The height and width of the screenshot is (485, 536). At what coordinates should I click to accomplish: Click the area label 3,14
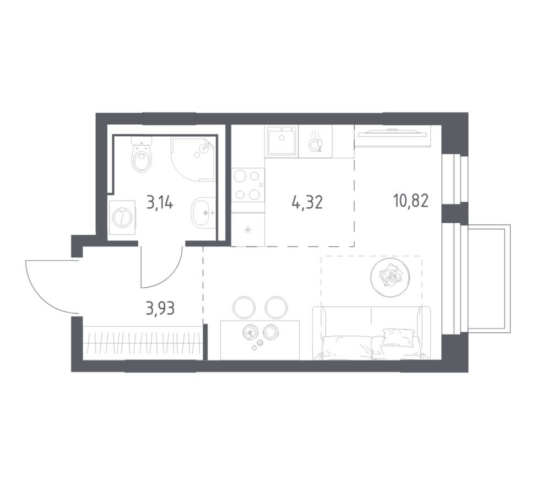click(x=160, y=203)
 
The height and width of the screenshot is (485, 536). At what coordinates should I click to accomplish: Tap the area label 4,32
click(x=307, y=203)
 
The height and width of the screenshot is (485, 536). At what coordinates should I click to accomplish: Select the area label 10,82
click(x=410, y=201)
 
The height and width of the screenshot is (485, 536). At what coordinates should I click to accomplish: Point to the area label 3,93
click(x=160, y=309)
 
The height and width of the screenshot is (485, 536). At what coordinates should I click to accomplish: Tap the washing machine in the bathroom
click(x=121, y=218)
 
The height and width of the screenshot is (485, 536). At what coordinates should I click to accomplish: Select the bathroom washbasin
click(x=204, y=212)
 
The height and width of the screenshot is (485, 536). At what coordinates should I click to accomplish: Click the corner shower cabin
click(x=193, y=159)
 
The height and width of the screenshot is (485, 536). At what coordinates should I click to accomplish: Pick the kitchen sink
click(x=281, y=141)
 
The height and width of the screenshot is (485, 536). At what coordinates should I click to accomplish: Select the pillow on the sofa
click(x=398, y=337)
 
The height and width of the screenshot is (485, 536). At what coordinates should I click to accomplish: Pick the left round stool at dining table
click(x=243, y=307)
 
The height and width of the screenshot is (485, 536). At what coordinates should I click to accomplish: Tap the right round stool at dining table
click(x=277, y=307)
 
